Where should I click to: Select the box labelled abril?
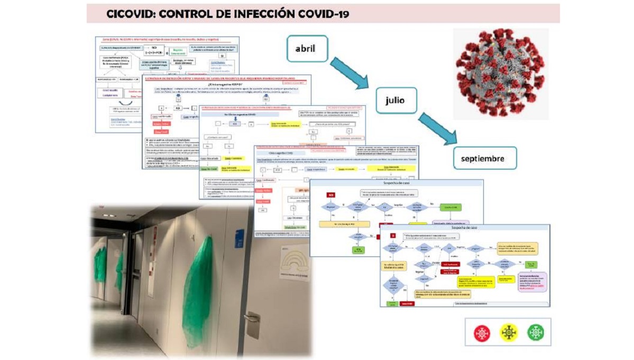pos(307,49)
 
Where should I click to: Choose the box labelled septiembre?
pos(485,158)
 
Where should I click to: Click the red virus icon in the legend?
pos(481,333)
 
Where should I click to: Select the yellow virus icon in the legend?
pos(508,333)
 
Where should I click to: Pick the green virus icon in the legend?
pos(535,333)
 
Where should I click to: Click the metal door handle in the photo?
pos(253,324)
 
